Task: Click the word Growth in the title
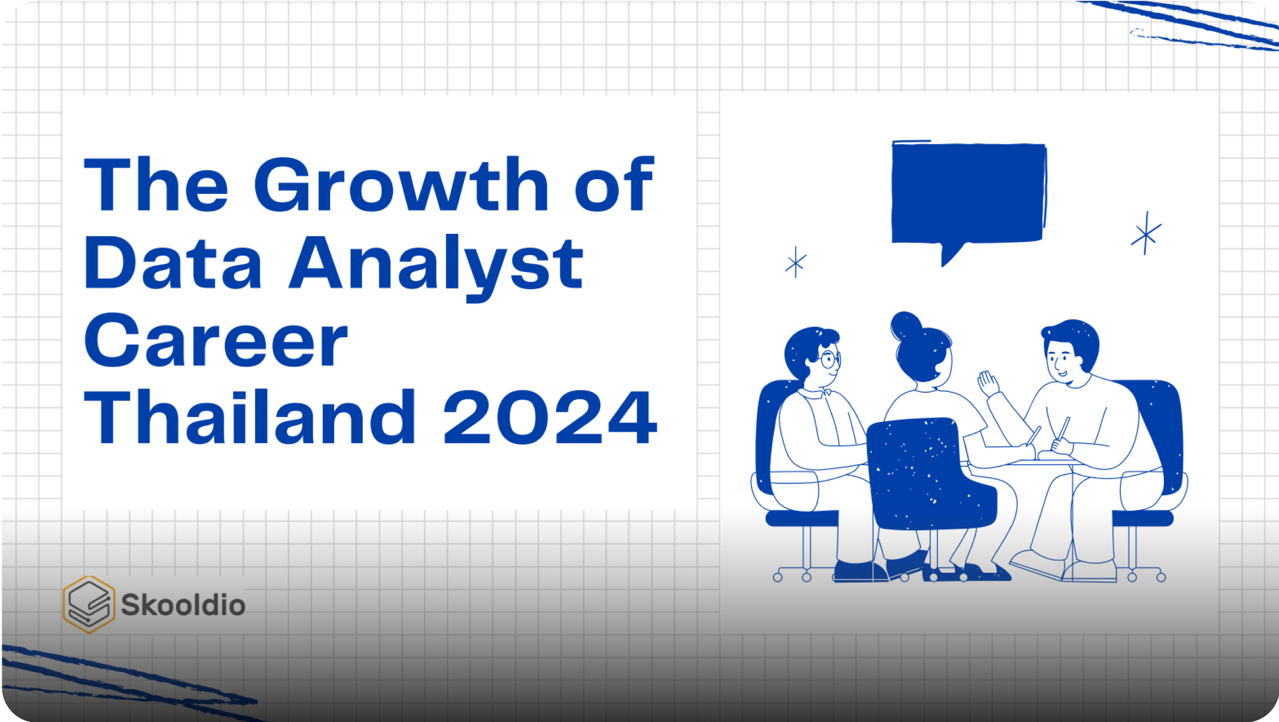(x=401, y=186)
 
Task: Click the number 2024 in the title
(x=550, y=418)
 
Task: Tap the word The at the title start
(x=156, y=185)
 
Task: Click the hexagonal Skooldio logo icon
(x=89, y=605)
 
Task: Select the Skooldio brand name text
(x=183, y=605)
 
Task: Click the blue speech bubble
(x=968, y=194)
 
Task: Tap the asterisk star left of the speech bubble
(x=796, y=262)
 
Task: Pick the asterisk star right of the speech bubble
(x=1146, y=234)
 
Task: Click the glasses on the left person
(x=829, y=360)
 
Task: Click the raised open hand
(x=988, y=384)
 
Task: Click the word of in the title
(x=614, y=185)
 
